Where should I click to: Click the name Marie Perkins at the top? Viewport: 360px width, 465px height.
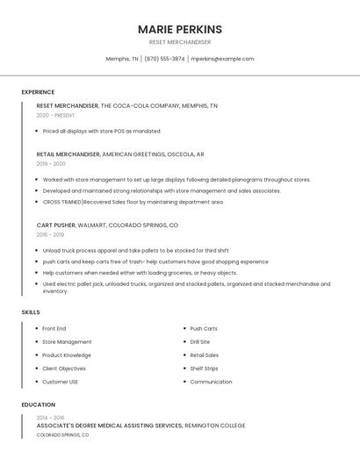click(179, 29)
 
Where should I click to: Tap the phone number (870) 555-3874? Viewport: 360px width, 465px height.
click(164, 59)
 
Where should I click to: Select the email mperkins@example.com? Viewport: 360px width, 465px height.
click(222, 59)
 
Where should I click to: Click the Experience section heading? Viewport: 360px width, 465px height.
click(38, 92)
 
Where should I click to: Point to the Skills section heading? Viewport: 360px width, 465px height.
click(31, 311)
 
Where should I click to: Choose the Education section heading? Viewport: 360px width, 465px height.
click(38, 404)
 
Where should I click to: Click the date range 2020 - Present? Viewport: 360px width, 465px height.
click(55, 115)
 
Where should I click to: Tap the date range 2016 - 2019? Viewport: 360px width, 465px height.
click(50, 234)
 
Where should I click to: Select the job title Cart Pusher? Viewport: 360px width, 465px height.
click(56, 225)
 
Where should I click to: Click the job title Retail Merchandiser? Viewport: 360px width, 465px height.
click(68, 154)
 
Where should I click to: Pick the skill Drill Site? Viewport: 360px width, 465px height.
click(200, 342)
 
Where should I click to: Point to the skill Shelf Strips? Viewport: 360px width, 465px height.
click(204, 368)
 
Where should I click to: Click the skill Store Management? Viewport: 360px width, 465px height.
click(67, 342)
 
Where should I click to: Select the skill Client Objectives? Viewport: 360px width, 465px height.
click(64, 368)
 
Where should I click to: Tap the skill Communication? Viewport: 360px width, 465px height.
click(211, 382)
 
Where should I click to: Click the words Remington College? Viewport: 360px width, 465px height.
click(215, 426)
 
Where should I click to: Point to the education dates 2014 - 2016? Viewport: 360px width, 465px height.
click(50, 418)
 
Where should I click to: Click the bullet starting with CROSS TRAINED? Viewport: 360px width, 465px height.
click(133, 202)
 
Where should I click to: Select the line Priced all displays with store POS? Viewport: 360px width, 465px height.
click(102, 131)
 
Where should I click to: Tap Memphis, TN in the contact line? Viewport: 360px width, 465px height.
click(122, 59)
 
